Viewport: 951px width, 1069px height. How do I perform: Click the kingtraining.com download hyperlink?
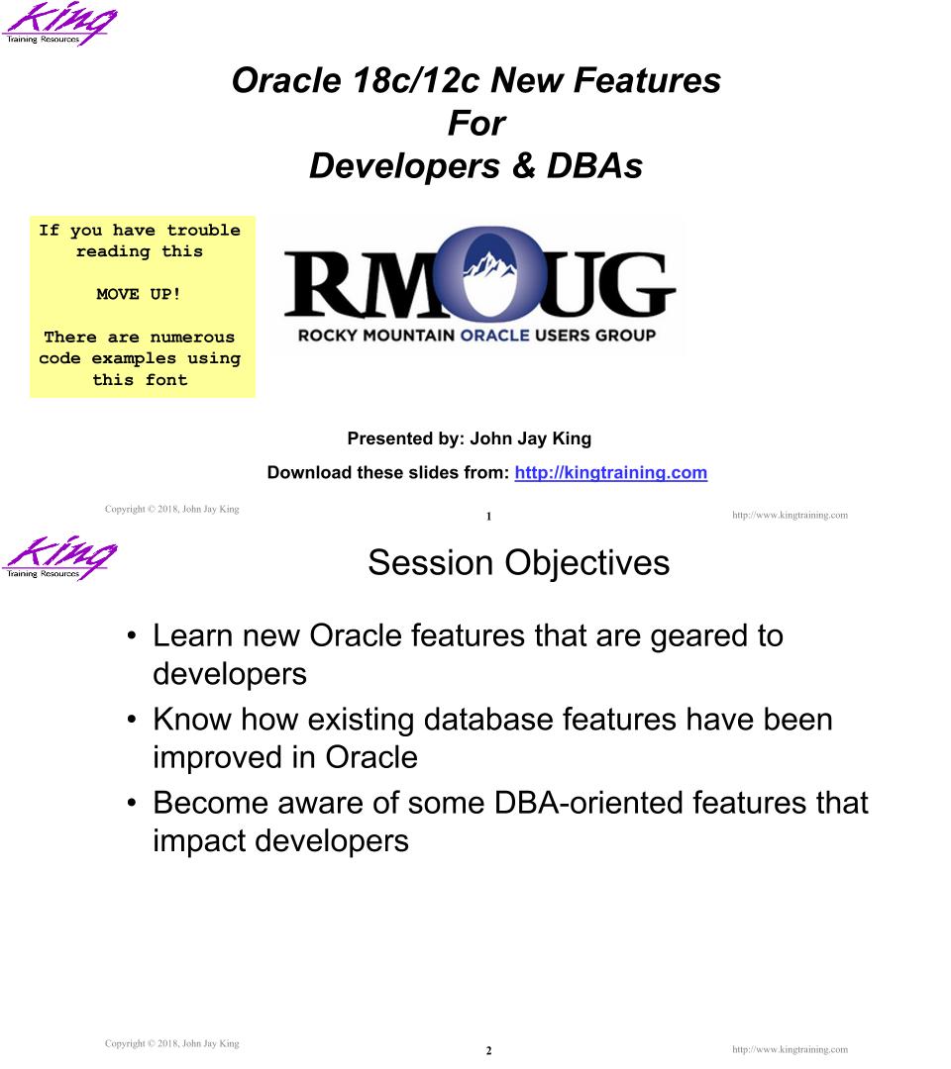pyautogui.click(x=610, y=472)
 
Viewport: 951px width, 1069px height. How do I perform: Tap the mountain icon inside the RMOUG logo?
pyautogui.click(x=489, y=266)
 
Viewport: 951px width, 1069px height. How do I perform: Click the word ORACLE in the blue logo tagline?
pyautogui.click(x=494, y=336)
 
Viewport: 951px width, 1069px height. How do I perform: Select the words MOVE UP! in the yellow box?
pyautogui.click(x=139, y=295)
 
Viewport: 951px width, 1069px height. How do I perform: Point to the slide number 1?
pyautogui.click(x=488, y=517)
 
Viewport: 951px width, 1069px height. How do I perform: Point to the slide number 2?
pyautogui.click(x=488, y=1050)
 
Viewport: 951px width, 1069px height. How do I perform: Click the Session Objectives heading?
pyautogui.click(x=518, y=563)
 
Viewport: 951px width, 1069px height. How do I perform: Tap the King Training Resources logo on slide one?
pyautogui.click(x=59, y=23)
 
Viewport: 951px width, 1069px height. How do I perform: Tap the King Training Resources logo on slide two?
pyautogui.click(x=59, y=557)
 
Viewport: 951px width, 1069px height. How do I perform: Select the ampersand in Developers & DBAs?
pyautogui.click(x=523, y=166)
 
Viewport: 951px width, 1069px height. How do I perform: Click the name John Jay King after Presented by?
pyautogui.click(x=531, y=438)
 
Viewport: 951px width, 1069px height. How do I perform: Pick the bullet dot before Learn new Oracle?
pyautogui.click(x=132, y=636)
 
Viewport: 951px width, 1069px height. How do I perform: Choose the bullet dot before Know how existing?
pyautogui.click(x=132, y=720)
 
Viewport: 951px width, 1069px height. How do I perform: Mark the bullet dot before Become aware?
pyautogui.click(x=132, y=803)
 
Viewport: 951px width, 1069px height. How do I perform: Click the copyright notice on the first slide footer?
pyautogui.click(x=172, y=510)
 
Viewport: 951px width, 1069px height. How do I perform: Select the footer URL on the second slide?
pyautogui.click(x=790, y=1050)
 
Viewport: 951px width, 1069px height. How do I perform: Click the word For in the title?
pyautogui.click(x=476, y=124)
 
